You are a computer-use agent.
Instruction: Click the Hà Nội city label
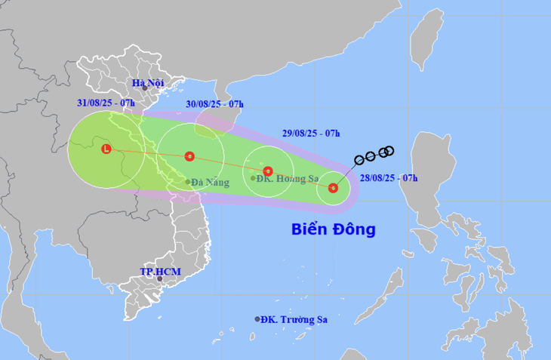(x=147, y=83)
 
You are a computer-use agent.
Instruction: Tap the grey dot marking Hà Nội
(x=144, y=88)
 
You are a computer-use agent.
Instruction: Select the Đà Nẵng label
(x=208, y=182)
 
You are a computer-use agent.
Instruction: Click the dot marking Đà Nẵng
(x=188, y=182)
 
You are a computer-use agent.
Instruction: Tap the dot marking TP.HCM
(x=159, y=278)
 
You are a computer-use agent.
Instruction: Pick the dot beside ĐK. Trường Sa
(x=257, y=319)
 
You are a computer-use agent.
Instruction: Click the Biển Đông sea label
(x=333, y=229)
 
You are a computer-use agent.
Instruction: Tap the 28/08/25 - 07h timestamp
(x=389, y=178)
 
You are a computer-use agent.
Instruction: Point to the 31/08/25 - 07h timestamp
(x=106, y=103)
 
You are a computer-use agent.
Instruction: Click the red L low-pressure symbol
(x=106, y=149)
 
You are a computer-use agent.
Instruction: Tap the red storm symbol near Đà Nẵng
(x=189, y=156)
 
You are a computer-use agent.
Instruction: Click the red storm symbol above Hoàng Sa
(x=267, y=171)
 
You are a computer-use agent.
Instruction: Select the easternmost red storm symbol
(x=333, y=188)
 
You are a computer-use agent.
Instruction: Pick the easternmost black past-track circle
(x=389, y=150)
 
